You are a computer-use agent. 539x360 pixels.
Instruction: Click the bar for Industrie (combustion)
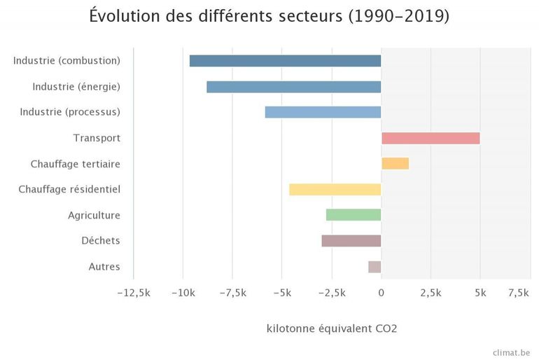285,61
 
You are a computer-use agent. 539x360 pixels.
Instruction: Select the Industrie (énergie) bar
294,87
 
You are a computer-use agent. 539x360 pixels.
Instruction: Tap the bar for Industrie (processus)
323,112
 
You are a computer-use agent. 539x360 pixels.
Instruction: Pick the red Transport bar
430,138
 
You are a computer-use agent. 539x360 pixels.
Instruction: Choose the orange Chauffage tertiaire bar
395,164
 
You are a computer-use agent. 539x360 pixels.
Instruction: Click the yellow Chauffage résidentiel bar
335,189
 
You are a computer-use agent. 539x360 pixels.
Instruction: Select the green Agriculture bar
353,215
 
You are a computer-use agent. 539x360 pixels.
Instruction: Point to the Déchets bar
351,241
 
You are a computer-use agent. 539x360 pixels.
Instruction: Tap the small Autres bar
374,267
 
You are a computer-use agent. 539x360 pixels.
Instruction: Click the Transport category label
97,138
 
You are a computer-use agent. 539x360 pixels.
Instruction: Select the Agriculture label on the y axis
94,215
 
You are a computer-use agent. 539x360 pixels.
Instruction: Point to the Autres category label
104,267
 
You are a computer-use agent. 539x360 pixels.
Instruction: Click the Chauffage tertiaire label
76,164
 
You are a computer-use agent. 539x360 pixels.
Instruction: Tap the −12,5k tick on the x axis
133,293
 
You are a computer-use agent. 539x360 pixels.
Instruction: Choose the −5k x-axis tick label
281,293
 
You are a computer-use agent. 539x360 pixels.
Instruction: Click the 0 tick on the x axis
381,293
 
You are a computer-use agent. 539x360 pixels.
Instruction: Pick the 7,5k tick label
518,293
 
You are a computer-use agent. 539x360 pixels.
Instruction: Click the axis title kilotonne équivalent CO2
332,328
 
